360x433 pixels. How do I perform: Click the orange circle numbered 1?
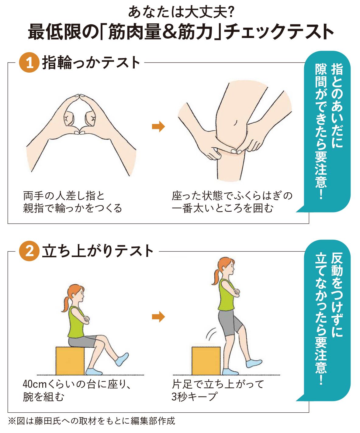[x=29, y=62]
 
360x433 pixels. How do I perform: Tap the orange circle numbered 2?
[x=29, y=251]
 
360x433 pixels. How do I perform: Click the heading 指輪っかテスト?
[x=91, y=62]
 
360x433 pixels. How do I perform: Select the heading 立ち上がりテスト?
[x=98, y=251]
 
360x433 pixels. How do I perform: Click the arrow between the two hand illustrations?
[x=158, y=126]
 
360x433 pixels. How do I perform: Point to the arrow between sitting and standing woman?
[x=158, y=317]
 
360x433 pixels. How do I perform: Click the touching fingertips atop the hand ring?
[x=80, y=96]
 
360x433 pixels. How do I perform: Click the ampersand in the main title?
[x=170, y=32]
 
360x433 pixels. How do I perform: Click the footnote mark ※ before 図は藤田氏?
[x=12, y=421]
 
